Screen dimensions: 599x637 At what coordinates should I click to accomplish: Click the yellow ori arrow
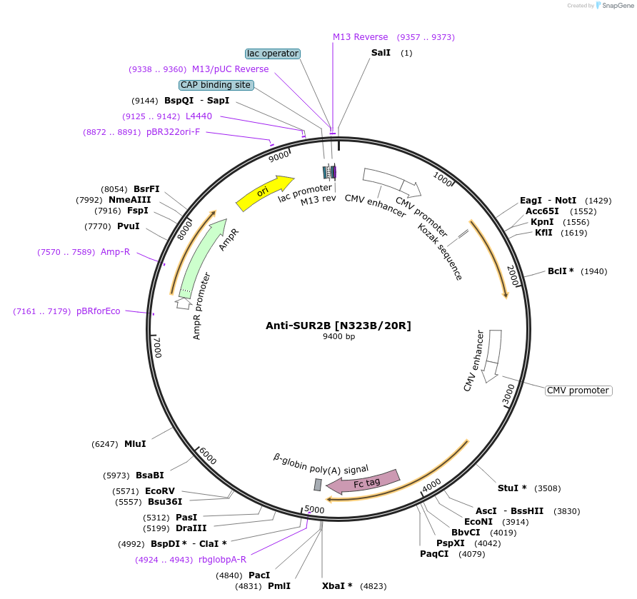click(x=264, y=193)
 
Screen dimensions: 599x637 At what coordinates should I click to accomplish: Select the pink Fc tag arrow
click(x=363, y=482)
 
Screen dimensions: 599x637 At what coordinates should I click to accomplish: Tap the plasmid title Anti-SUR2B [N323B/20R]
click(x=338, y=326)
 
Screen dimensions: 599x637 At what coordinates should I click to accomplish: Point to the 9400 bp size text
click(x=338, y=337)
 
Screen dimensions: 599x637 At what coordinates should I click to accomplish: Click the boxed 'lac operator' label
click(x=272, y=54)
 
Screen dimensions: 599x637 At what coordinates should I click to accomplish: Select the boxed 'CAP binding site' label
click(x=216, y=85)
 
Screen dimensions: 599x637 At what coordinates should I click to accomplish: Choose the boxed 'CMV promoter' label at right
click(x=578, y=391)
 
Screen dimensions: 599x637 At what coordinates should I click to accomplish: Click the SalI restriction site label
click(x=381, y=54)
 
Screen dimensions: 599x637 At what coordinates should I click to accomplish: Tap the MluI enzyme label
click(x=135, y=444)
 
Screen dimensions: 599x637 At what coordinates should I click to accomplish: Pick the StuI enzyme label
click(x=512, y=488)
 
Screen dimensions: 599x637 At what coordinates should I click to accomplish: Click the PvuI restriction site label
click(x=129, y=226)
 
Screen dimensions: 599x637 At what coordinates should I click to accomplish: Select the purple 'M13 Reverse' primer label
click(x=360, y=37)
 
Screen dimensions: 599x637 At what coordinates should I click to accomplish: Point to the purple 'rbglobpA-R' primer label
click(x=222, y=560)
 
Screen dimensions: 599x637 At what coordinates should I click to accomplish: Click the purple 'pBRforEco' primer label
click(x=101, y=311)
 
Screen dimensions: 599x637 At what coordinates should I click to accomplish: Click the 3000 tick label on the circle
click(x=508, y=394)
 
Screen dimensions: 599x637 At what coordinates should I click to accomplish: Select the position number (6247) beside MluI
click(x=105, y=444)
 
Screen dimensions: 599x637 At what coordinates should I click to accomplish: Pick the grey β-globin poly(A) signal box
click(x=318, y=485)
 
